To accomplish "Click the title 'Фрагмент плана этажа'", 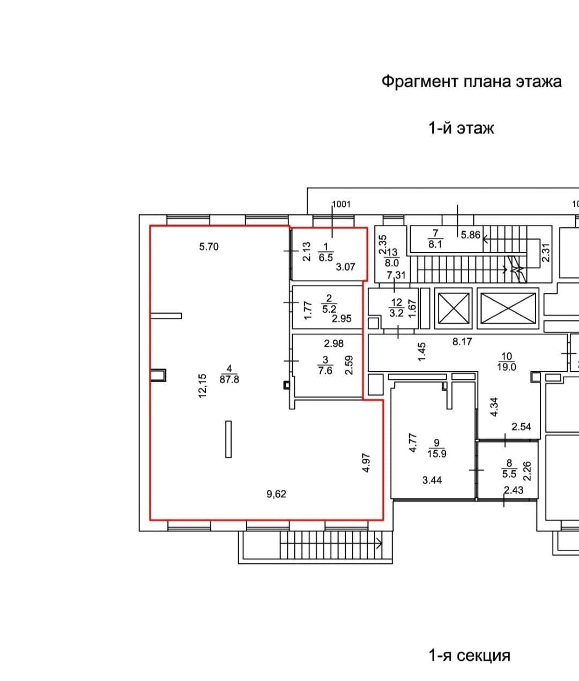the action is [x=471, y=81].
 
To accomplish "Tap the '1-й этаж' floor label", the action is [x=461, y=128].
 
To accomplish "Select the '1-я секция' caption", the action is [x=470, y=655].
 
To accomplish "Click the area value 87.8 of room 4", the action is [x=229, y=379].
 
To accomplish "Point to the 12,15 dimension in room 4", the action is [x=202, y=386].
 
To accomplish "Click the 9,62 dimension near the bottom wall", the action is [x=276, y=494].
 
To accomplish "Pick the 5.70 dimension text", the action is [x=209, y=246].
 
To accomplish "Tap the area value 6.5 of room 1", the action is [x=326, y=257].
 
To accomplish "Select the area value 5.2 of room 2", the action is [x=329, y=309].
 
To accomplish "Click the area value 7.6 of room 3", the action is [x=325, y=370].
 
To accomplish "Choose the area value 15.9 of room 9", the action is [x=437, y=453].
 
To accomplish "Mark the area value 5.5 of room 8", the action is [x=509, y=474].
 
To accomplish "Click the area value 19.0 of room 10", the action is [x=507, y=366].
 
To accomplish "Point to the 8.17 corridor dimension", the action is [x=462, y=342].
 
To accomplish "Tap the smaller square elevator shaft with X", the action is [x=454, y=309].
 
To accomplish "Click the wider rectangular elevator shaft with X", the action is [x=508, y=309].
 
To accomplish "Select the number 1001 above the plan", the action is [x=342, y=204].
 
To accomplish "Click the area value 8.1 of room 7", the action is [x=435, y=244].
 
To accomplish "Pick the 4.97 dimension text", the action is [x=366, y=463].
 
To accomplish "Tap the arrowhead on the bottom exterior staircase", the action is [x=379, y=543].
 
